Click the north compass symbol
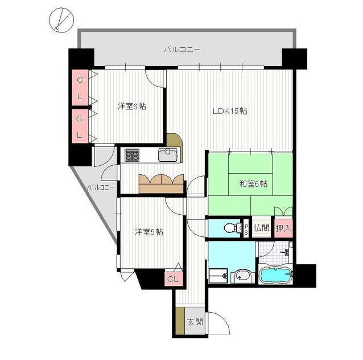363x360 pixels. click(x=61, y=20)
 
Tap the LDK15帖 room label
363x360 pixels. click(x=230, y=112)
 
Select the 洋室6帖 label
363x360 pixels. click(x=132, y=107)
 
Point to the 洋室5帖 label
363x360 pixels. click(x=149, y=232)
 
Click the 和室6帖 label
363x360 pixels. click(x=253, y=184)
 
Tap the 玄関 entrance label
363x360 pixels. click(x=195, y=322)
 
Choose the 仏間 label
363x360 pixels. click(x=261, y=228)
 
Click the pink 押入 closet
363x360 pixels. click(x=283, y=228)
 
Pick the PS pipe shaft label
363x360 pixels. click(x=246, y=228)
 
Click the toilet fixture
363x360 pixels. click(x=233, y=228)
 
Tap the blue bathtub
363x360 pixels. click(x=275, y=275)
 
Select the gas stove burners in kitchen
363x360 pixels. click(x=132, y=155)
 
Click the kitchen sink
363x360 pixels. click(x=168, y=155)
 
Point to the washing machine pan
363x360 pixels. click(x=218, y=276)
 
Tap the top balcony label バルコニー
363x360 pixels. click(x=182, y=50)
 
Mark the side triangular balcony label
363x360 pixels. click(x=101, y=187)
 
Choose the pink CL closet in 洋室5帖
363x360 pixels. click(x=174, y=279)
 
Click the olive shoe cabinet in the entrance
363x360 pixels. click(x=180, y=321)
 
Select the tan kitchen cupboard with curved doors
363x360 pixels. click(x=162, y=183)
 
